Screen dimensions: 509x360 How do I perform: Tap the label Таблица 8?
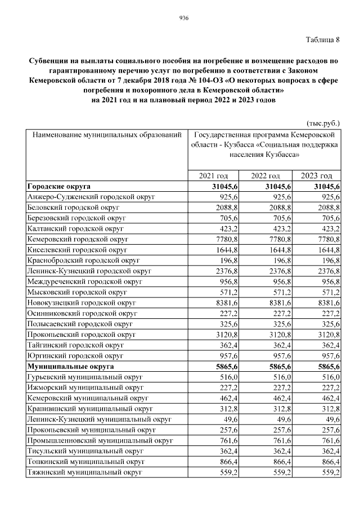coord(323,39)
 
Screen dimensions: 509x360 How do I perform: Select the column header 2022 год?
coord(266,176)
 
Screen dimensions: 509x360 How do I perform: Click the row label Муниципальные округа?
coord(70,366)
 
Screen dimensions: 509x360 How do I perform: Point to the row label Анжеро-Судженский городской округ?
coord(91,197)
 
